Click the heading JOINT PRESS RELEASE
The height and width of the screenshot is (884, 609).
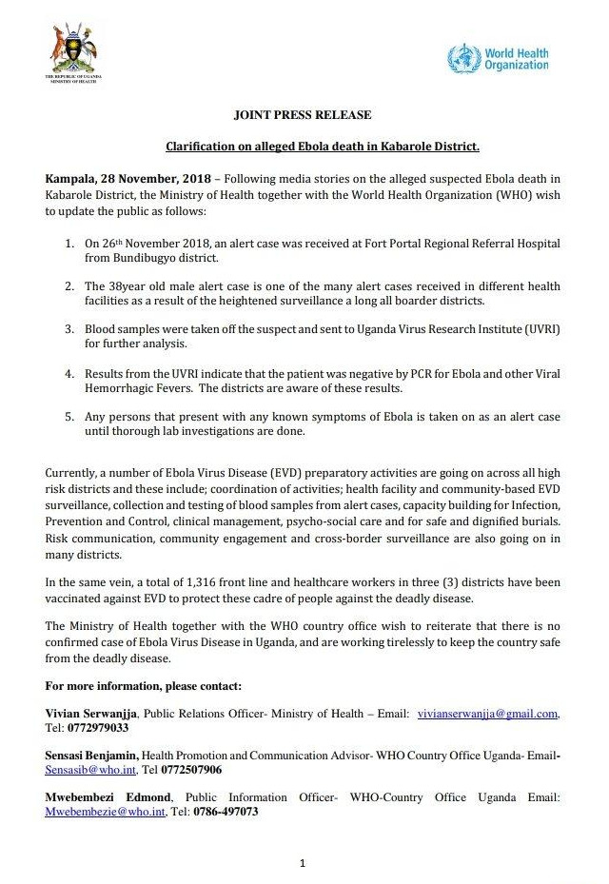click(303, 115)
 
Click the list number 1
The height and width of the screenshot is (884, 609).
click(69, 245)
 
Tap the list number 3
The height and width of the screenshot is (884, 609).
click(69, 328)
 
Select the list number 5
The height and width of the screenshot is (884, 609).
click(69, 417)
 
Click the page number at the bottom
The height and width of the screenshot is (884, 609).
click(303, 863)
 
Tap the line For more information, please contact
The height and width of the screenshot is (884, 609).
click(144, 685)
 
